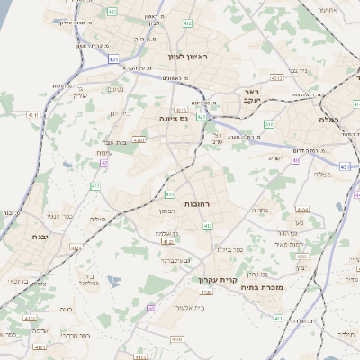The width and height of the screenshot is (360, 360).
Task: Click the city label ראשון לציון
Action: (186, 57)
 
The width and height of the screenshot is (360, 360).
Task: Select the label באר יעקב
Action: (252, 96)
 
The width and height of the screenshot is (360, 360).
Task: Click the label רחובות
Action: (197, 205)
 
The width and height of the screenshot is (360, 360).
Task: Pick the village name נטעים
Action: (116, 89)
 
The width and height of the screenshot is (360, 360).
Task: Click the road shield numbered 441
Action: (112, 11)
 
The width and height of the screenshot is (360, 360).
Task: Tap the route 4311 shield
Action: (33, 115)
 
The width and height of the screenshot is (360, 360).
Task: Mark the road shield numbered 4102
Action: (31, 318)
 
